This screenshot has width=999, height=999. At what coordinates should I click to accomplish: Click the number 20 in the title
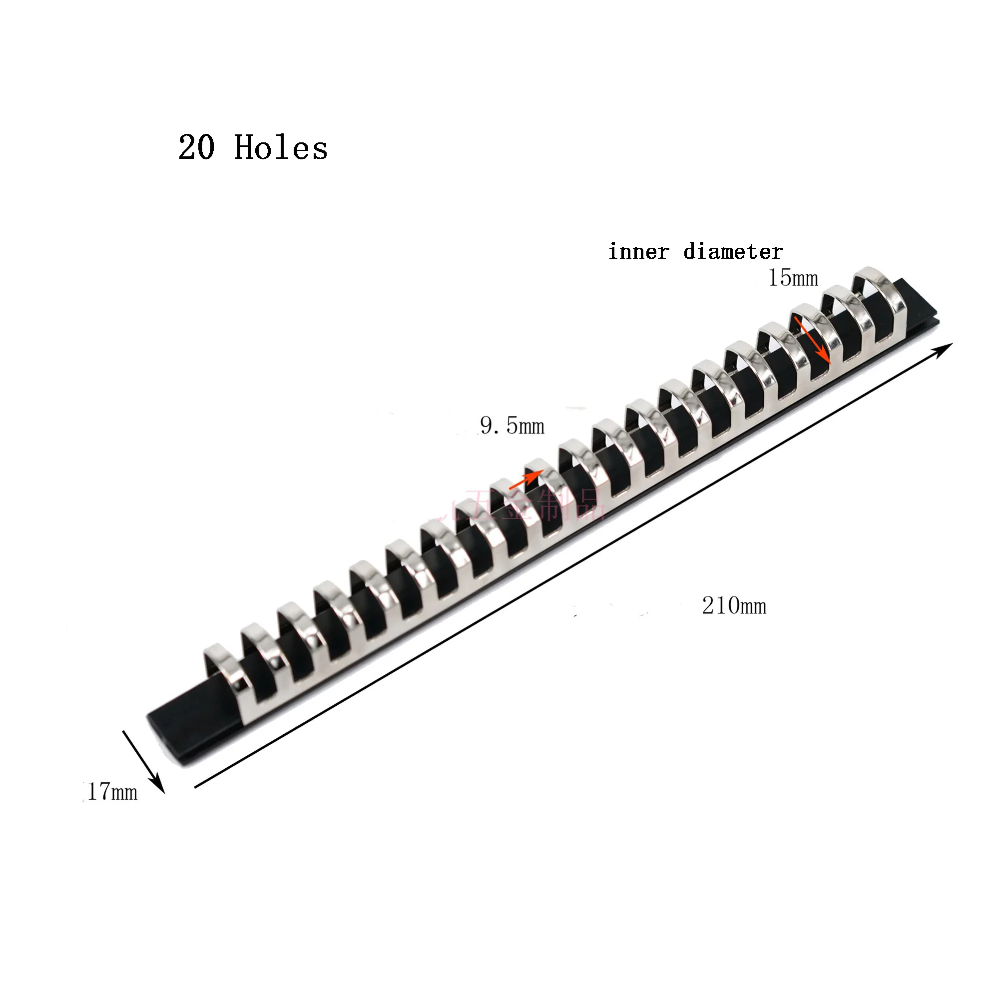click(196, 148)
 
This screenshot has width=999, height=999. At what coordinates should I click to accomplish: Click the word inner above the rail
click(638, 252)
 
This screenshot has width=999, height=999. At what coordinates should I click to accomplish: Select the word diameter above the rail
click(733, 252)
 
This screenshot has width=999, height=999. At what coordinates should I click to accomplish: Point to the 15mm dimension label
click(793, 278)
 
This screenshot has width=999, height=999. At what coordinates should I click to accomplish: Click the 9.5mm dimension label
click(512, 426)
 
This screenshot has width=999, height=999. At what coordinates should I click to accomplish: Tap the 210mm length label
click(734, 605)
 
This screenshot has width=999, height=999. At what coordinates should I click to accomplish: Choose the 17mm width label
click(112, 792)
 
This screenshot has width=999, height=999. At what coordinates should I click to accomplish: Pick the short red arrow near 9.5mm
click(525, 480)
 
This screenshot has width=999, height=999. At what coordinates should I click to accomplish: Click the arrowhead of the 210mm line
click(945, 348)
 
